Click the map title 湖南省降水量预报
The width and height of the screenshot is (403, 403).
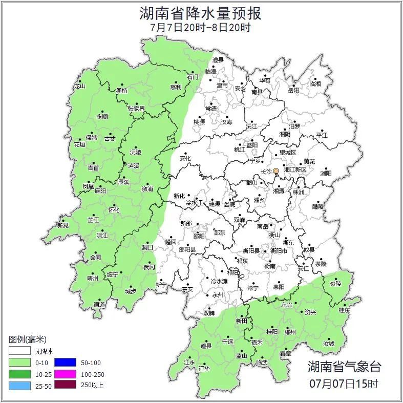pos(201,13)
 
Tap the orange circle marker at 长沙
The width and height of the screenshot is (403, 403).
pos(276,171)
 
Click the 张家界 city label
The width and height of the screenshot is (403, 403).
pos(136,109)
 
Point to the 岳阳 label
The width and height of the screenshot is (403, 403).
pos(293,91)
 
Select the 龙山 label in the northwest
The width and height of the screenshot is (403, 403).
pos(79,86)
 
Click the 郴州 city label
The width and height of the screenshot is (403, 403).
pos(290,332)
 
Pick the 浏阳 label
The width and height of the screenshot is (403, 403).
pos(326,173)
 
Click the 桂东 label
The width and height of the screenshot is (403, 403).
pos(344,310)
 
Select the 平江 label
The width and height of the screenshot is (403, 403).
pos(322,135)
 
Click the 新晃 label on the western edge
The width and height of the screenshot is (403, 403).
pos(63,226)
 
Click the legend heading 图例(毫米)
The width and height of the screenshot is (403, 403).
pos(27,340)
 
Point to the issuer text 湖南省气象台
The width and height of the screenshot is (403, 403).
pos(344,367)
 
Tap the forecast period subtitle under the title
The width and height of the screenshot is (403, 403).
pos(201,28)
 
